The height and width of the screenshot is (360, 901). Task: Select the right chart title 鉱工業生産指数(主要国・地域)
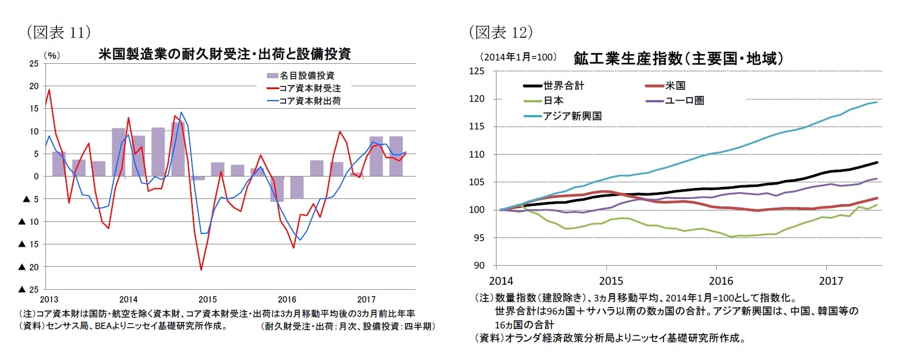tap(678, 58)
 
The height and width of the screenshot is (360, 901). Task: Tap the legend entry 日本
tap(553, 101)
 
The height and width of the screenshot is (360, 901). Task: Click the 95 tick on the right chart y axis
tap(480, 238)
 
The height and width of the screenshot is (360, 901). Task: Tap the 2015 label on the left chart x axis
tap(207, 300)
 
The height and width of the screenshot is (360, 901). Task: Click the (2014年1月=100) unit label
tap(514, 57)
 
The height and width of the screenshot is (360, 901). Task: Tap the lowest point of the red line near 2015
tap(201, 270)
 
